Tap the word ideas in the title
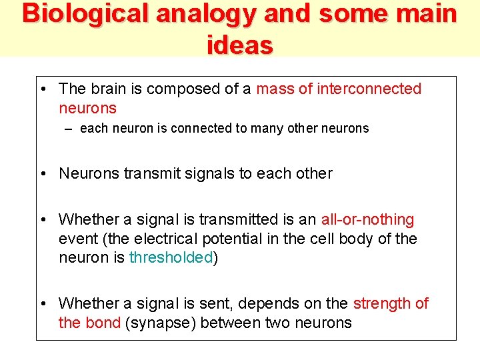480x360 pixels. point(240,45)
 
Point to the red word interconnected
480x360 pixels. point(369,89)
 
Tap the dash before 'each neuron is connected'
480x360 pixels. point(70,129)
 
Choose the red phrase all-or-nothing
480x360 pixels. point(367,219)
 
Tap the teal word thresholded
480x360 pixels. point(171,258)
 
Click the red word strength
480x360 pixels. point(382,303)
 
